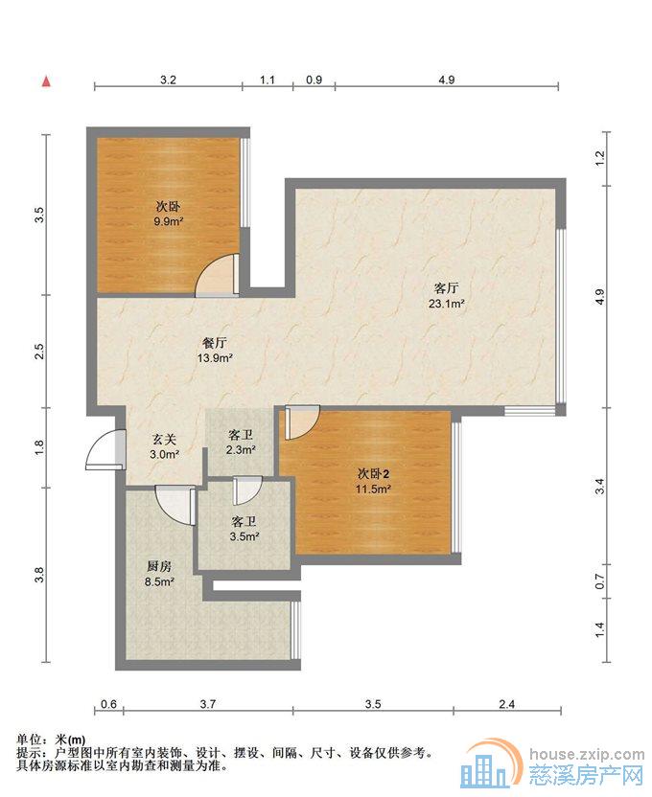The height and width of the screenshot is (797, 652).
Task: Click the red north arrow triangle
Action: coord(47,81)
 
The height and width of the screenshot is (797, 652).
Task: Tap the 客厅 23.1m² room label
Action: coord(446,296)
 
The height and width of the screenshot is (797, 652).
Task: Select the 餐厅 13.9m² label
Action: coord(215,351)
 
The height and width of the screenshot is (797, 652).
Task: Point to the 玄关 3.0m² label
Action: coord(164,446)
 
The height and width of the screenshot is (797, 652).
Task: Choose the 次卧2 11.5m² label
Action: coord(373,481)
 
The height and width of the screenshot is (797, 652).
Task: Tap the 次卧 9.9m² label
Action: coord(169,214)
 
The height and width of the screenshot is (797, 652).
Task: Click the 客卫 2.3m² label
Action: coord(241,443)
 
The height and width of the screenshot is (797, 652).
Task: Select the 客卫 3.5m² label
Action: coord(244,529)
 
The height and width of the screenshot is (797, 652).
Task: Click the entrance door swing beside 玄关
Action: coord(105,450)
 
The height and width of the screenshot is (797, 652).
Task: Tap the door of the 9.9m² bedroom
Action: coord(218,275)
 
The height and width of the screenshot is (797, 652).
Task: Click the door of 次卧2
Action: coord(302,421)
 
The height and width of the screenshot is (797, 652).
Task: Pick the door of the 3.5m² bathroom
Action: coord(246,490)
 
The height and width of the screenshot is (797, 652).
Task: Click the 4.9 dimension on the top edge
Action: coord(446,80)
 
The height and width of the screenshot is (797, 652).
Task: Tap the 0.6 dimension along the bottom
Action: coord(109,704)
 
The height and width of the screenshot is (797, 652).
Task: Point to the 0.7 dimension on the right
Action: coord(600,581)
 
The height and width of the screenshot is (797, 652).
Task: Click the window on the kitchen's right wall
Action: coord(295,630)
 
